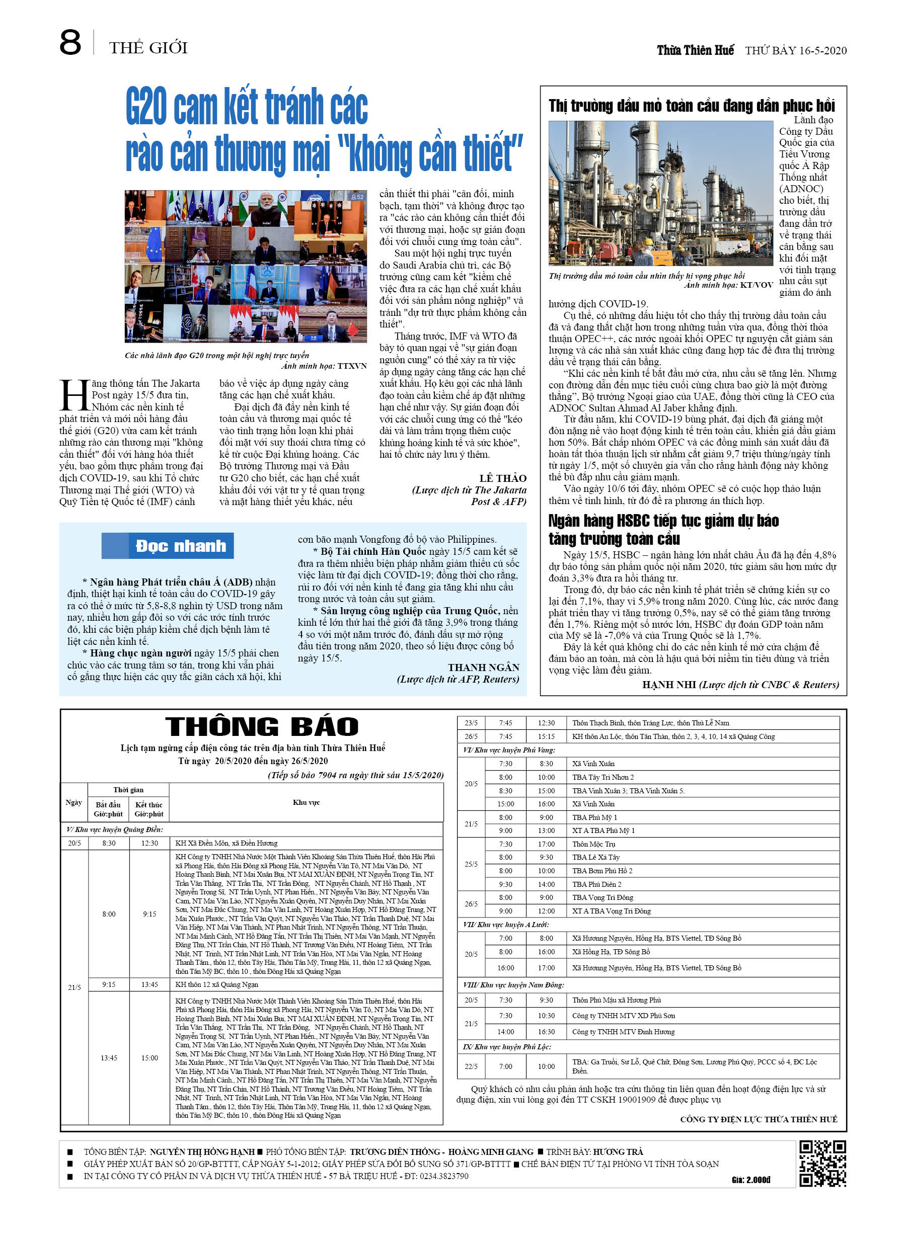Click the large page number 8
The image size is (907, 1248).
(70, 43)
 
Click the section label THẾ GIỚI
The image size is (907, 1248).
(148, 48)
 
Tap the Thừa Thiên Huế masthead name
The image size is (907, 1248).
(695, 51)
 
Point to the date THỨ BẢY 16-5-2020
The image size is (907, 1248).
(795, 51)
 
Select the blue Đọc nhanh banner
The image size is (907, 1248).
(168, 546)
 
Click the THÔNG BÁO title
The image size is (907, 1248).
(262, 726)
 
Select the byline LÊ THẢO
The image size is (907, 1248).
(502, 478)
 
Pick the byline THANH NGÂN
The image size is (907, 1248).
(483, 668)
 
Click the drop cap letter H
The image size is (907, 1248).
(74, 394)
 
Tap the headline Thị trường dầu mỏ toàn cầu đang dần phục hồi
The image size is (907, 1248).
(691, 106)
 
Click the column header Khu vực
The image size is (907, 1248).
(306, 802)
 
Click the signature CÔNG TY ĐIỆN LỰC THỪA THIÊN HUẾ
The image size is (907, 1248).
(759, 1119)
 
